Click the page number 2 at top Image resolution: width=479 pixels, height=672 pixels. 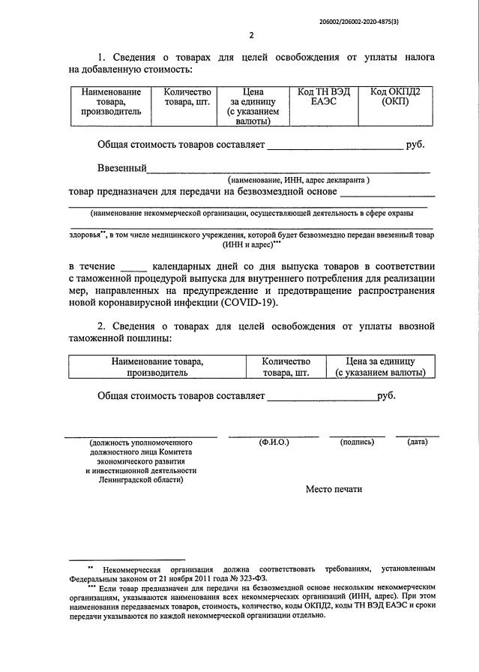[x=252, y=35]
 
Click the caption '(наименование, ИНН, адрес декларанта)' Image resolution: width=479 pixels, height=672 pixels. [x=299, y=180]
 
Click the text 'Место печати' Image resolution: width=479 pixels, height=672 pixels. [x=334, y=489]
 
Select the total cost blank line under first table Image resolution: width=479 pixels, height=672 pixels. [x=334, y=148]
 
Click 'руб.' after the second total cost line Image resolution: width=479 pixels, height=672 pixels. [x=387, y=395]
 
